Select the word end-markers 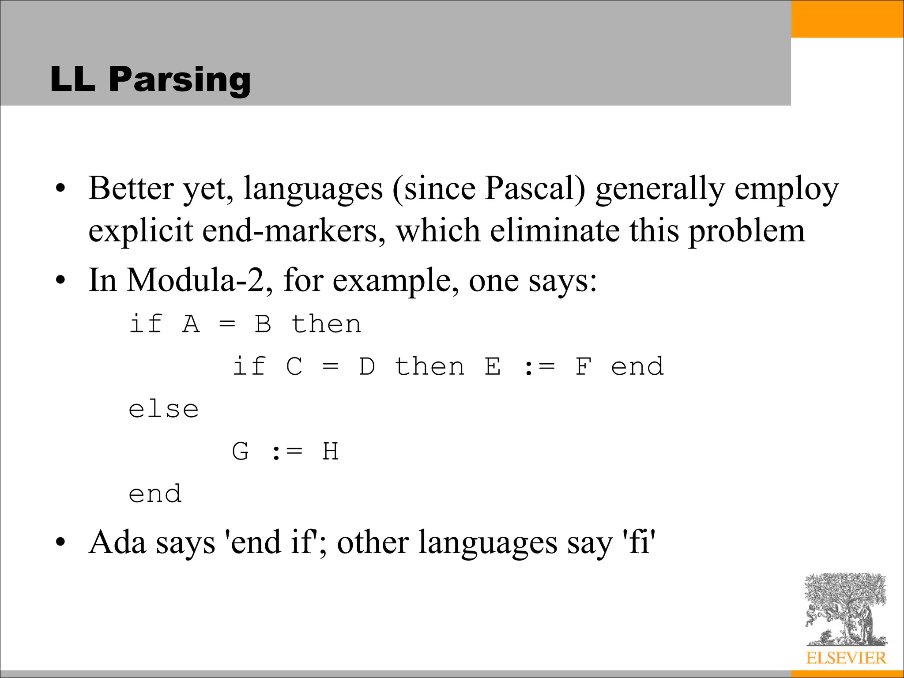click(x=294, y=231)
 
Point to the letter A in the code click(x=191, y=324)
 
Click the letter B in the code click(x=263, y=324)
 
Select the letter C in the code click(x=294, y=367)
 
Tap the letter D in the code click(x=367, y=367)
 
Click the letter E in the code click(x=493, y=367)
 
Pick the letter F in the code click(x=583, y=367)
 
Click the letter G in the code click(x=241, y=452)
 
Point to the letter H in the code click(x=331, y=452)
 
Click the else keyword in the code click(x=163, y=410)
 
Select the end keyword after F click(x=637, y=367)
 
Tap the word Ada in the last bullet click(x=117, y=542)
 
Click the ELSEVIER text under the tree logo click(x=846, y=658)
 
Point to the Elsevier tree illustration click(x=846, y=609)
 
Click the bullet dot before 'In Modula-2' click(x=60, y=281)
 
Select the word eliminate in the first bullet click(x=554, y=231)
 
